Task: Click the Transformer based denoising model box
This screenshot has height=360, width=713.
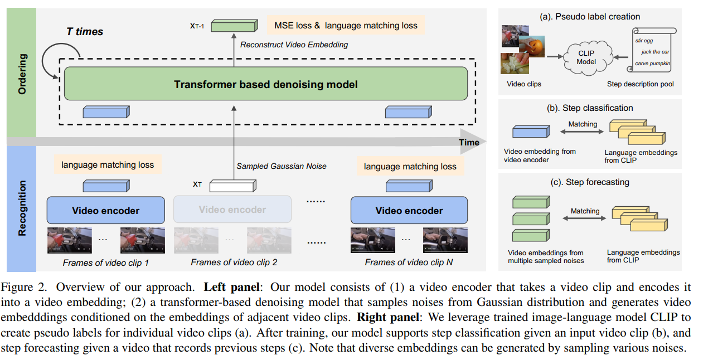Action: (x=265, y=85)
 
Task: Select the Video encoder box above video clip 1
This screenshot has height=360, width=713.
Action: (x=106, y=211)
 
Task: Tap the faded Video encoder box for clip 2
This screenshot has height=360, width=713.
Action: (x=232, y=210)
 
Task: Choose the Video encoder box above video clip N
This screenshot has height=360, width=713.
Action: (x=409, y=211)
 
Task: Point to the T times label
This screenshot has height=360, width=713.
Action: (x=85, y=31)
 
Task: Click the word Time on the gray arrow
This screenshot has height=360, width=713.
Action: (x=469, y=142)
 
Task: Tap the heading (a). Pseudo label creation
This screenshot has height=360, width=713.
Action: (x=590, y=16)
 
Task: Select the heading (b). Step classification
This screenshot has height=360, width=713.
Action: (x=590, y=108)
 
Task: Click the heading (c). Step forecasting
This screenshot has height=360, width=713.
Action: (x=590, y=182)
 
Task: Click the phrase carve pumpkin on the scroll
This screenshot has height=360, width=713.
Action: (x=652, y=64)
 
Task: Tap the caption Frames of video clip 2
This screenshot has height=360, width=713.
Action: (x=234, y=262)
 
